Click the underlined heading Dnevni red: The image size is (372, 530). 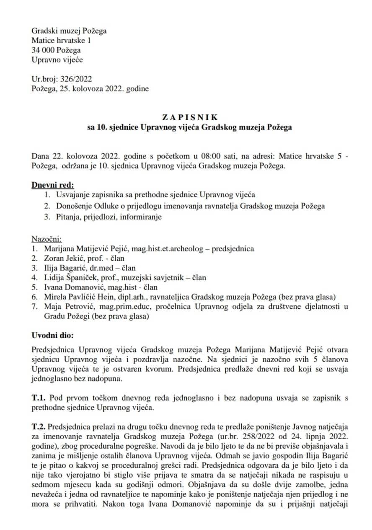(x=53, y=185)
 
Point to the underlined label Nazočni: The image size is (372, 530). (x=46, y=239)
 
